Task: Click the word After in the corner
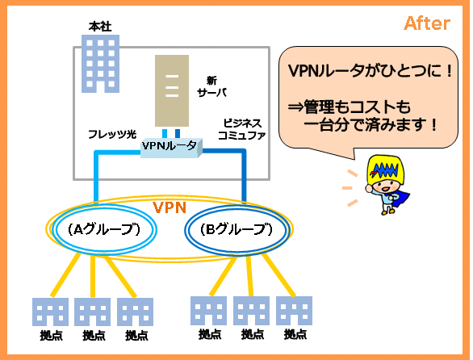point(427,23)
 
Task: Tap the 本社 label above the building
point(100,27)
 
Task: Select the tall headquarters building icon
point(100,64)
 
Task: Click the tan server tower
point(172,90)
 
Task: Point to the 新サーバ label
point(211,86)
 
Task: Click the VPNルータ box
point(171,148)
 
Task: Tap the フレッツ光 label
point(112,134)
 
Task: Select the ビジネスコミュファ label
point(241,129)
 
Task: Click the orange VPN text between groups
point(170,207)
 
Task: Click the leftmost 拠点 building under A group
point(50,312)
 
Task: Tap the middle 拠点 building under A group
point(92,312)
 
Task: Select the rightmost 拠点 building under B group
point(294,311)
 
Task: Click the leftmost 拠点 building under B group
point(209,311)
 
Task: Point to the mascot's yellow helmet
point(386,170)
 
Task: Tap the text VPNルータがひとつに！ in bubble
point(370,71)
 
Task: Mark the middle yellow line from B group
point(249,275)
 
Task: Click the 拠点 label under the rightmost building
point(295,335)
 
